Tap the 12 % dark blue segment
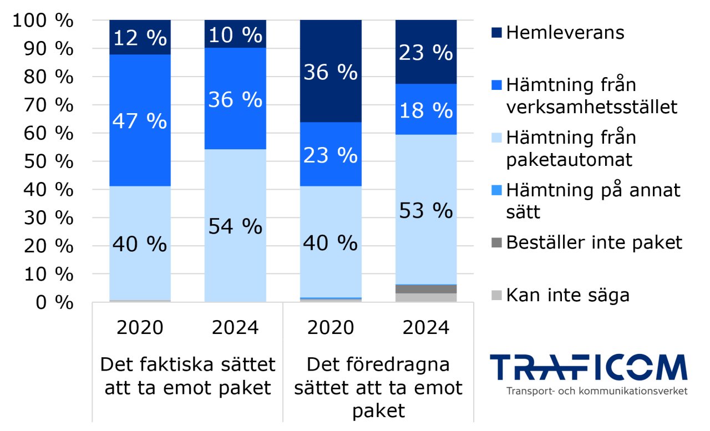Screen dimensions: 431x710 (x=140, y=38)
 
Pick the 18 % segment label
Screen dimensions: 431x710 (x=425, y=110)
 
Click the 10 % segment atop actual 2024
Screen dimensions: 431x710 (x=235, y=35)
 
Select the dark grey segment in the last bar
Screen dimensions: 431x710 (x=425, y=289)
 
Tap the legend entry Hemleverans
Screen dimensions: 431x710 (x=565, y=33)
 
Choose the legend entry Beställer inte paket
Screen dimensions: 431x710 (x=594, y=242)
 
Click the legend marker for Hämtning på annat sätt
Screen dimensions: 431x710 (x=496, y=190)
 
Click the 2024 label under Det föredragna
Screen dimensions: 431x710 (x=425, y=328)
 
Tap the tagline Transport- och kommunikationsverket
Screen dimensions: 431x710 (x=596, y=391)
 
